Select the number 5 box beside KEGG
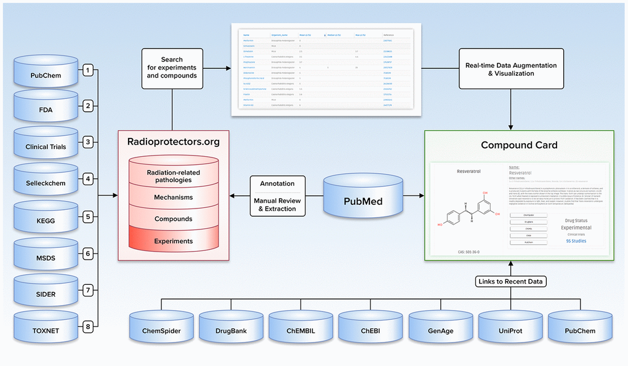(x=88, y=217)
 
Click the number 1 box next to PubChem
(x=88, y=70)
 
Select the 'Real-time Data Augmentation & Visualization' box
(x=510, y=70)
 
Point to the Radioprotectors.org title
(x=174, y=141)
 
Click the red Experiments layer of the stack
(x=173, y=241)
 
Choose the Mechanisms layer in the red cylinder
(x=173, y=197)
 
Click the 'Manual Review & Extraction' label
(x=276, y=205)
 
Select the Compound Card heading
(x=519, y=145)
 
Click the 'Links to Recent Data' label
(x=510, y=282)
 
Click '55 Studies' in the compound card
(x=576, y=241)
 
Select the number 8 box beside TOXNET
(x=88, y=327)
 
